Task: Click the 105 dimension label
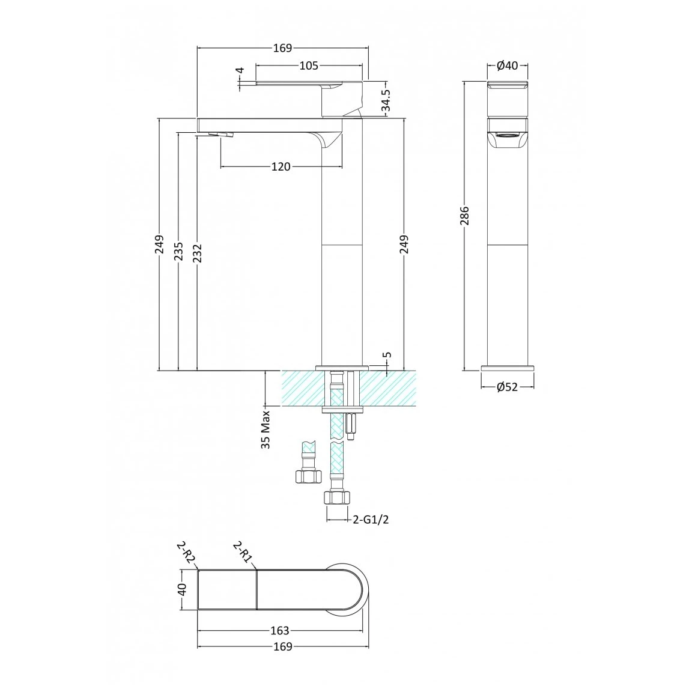pos(309,65)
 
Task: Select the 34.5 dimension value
pos(386,100)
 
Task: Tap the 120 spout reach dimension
pos(281,167)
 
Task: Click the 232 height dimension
pos(197,253)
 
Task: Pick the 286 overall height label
pos(465,216)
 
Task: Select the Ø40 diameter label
pos(507,65)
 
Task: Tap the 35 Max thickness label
pos(266,430)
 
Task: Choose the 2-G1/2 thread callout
pos(371,520)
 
